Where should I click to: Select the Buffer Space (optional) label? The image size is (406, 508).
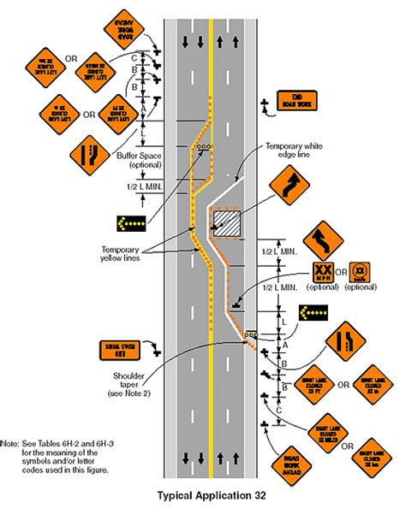[129, 162]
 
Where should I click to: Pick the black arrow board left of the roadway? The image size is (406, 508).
[130, 222]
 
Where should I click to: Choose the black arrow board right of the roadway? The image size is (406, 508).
[314, 313]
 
